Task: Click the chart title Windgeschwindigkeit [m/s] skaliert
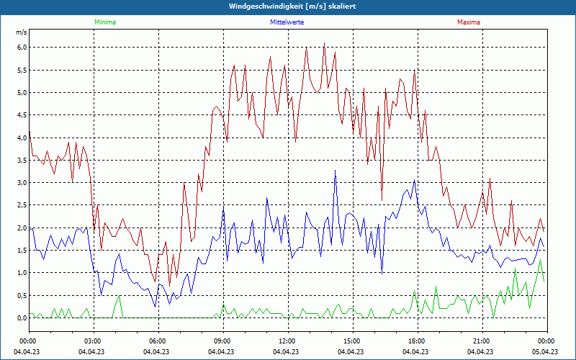click(x=288, y=6)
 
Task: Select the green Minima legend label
click(x=104, y=22)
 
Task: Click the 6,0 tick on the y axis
click(x=22, y=48)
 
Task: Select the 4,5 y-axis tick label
click(x=22, y=115)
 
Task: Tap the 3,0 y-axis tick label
click(x=22, y=183)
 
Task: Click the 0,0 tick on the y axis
click(x=22, y=318)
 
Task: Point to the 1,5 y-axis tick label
click(x=22, y=250)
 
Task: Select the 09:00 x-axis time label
click(x=222, y=341)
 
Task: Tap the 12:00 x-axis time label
click(x=287, y=341)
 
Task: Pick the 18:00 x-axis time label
click(x=417, y=341)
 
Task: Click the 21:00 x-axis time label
click(x=482, y=341)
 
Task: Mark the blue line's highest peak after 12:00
click(x=336, y=171)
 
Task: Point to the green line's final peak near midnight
click(x=540, y=259)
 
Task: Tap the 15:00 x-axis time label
click(x=352, y=341)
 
